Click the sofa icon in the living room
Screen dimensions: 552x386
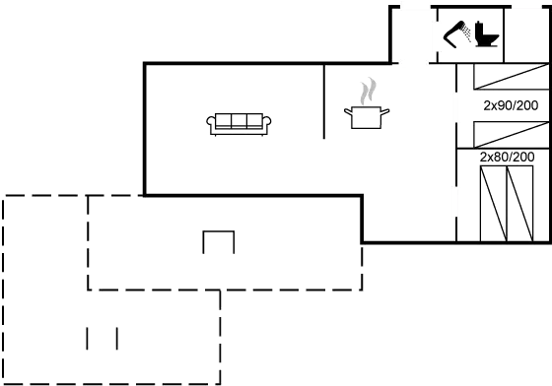pos(240,122)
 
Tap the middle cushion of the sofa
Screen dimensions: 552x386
pos(240,121)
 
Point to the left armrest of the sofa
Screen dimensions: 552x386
pos(210,122)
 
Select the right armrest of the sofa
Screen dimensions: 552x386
pos(269,122)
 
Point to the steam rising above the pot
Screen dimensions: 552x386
pos(368,92)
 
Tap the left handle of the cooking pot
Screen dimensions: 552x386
pos(347,112)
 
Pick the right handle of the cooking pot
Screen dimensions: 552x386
pos(386,112)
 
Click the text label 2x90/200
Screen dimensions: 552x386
pos(509,104)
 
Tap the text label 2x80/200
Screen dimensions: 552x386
pos(507,157)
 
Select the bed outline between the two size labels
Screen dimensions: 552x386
pos(510,134)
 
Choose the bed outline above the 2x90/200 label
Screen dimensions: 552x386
pos(510,77)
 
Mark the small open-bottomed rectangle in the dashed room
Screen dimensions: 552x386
pos(218,241)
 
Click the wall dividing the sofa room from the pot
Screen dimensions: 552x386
pos(323,103)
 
